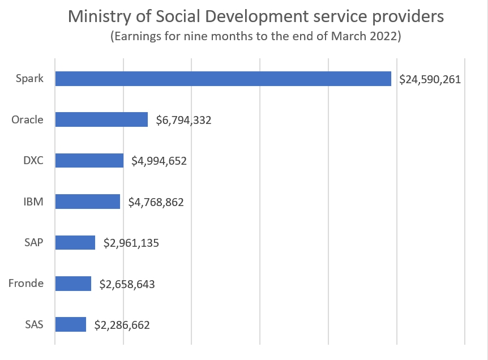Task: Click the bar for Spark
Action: [223, 79]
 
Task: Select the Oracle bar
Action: [101, 119]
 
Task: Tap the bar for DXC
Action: [89, 160]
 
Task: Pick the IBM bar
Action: [88, 202]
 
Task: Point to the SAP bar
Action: [75, 242]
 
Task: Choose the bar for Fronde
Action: [73, 284]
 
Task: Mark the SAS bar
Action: [71, 324]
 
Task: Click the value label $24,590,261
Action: [430, 79]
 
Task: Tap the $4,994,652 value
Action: [159, 161]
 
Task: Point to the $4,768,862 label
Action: [156, 202]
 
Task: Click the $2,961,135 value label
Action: [131, 243]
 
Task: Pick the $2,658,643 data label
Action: [127, 284]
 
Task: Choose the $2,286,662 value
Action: [122, 325]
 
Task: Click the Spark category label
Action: [30, 79]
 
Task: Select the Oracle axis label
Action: [27, 119]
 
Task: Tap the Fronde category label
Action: [26, 283]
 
